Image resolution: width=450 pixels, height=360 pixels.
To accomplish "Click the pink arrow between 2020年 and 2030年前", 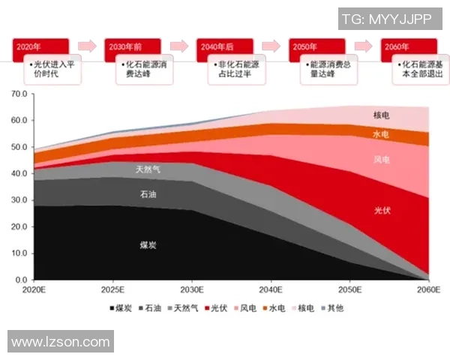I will point(87,46).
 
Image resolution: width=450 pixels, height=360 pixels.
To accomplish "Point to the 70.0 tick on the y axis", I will point(18,94).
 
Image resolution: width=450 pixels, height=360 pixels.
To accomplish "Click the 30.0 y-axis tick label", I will point(18,200).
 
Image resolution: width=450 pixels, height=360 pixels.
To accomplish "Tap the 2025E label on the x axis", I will point(112,289).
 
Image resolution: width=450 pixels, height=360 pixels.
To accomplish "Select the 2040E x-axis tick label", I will point(271,289).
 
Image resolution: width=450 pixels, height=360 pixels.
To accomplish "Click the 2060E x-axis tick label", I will point(429,289).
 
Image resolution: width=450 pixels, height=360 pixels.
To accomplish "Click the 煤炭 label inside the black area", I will point(148,245).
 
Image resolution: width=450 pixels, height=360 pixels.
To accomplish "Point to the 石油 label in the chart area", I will point(148,195).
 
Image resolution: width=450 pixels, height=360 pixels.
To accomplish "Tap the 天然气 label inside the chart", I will point(148,169).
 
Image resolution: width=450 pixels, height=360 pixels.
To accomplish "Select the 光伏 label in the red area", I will point(382,211).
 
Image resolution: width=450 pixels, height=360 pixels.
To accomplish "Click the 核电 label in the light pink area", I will point(382,115).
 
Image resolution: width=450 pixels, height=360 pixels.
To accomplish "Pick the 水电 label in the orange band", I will point(382,134).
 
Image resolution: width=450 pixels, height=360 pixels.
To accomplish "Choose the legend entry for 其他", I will point(329,308).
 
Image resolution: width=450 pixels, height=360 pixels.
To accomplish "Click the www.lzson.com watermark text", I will point(61,342).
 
